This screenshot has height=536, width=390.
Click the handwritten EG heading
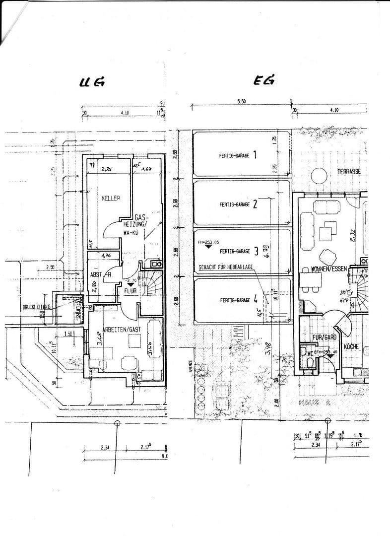(264, 81)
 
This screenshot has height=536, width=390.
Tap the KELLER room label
(111, 198)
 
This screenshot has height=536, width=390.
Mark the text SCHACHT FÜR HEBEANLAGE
(226, 267)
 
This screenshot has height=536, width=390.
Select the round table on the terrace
(318, 175)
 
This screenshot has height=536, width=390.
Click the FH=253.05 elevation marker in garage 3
(208, 242)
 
